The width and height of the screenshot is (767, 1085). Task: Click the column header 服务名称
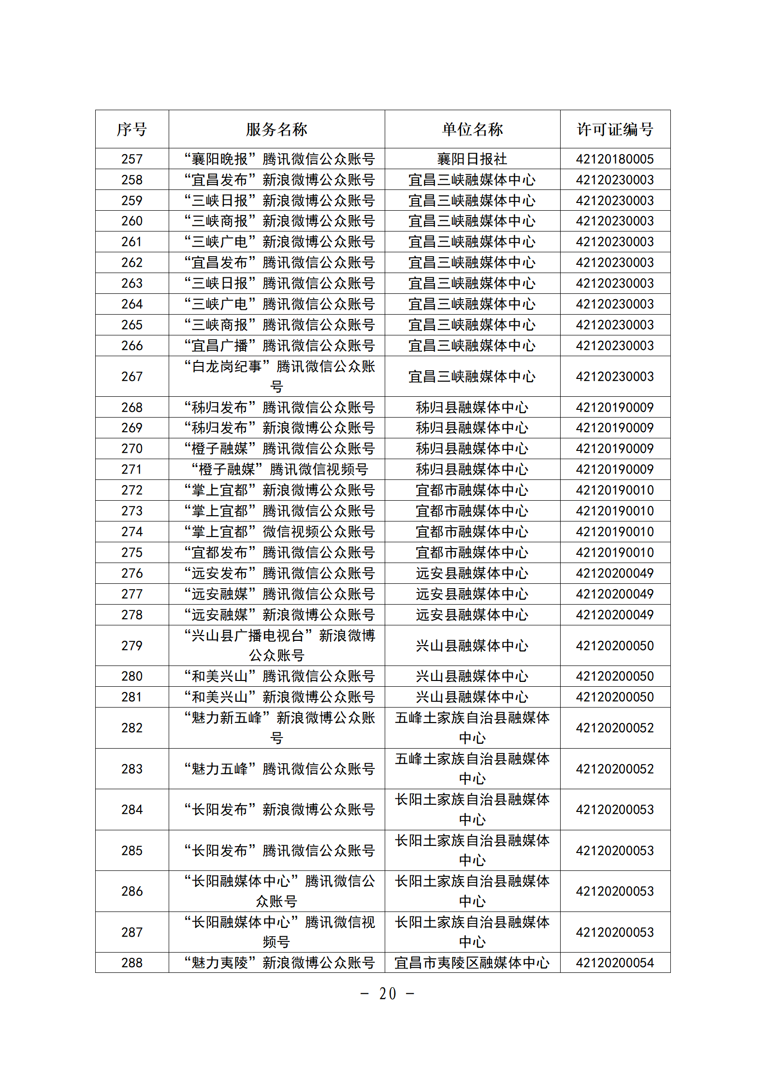click(x=276, y=129)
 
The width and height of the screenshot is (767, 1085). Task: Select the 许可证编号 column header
click(x=615, y=129)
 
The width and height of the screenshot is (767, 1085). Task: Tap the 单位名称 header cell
click(x=472, y=129)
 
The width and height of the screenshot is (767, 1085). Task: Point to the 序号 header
click(x=132, y=129)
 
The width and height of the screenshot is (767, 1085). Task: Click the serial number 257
click(x=132, y=159)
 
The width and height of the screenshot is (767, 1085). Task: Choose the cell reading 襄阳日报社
click(x=472, y=159)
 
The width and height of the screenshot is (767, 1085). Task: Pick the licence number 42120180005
click(x=615, y=159)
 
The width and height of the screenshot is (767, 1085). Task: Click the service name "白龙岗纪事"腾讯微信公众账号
click(x=279, y=376)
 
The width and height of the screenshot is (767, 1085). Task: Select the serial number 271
click(x=132, y=469)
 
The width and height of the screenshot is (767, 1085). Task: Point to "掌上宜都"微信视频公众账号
click(x=279, y=532)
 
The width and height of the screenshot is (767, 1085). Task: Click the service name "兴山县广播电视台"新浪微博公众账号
click(x=279, y=645)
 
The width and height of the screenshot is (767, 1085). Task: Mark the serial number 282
click(x=132, y=728)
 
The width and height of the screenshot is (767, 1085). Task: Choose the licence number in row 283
click(x=615, y=769)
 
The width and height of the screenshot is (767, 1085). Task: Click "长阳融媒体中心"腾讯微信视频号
click(x=279, y=932)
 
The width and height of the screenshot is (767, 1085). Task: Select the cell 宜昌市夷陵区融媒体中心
click(x=472, y=963)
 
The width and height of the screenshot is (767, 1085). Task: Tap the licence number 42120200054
click(x=615, y=963)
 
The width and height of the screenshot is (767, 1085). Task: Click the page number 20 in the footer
click(x=388, y=994)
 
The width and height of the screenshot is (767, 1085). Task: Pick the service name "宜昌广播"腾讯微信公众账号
click(x=279, y=346)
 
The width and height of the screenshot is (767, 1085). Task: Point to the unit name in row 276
click(x=472, y=573)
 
